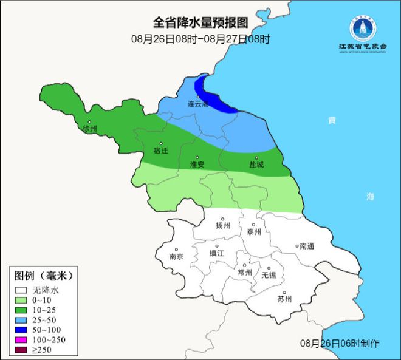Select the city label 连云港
[x=198, y=104]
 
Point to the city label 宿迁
[x=160, y=150]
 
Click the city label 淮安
[x=197, y=165]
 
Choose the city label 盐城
[x=257, y=165]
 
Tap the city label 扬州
[x=224, y=225]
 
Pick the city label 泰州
[x=255, y=232]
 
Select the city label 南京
[x=176, y=257]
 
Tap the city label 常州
[x=245, y=273]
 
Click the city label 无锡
[x=268, y=275]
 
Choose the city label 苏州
[x=284, y=299]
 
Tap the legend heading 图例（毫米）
[x=43, y=276]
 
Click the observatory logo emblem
[x=363, y=26]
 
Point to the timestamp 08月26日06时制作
[x=340, y=344]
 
